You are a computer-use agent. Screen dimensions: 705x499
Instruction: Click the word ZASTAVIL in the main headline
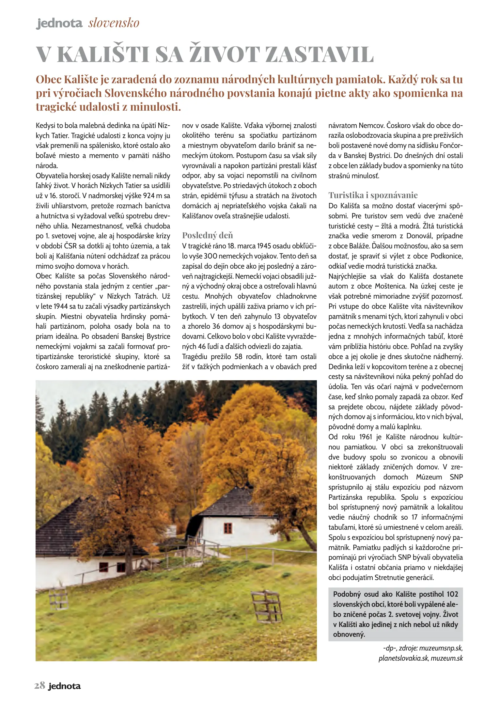pos(320,55)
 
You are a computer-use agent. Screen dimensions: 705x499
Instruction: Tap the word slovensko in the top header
pos(114,23)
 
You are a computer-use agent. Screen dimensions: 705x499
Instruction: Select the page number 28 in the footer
pos(39,685)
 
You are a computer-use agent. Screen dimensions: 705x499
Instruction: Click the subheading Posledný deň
pos(208,235)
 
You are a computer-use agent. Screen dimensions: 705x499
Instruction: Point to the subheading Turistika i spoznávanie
pos(373,195)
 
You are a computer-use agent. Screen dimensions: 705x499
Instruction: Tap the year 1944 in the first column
pos(61,306)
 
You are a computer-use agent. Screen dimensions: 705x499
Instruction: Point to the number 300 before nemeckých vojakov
pos(211,256)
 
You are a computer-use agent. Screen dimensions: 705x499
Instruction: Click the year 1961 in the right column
pos(366,437)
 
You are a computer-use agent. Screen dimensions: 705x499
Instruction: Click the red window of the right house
pos(228,528)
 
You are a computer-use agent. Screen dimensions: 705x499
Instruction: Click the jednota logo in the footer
pos(64,686)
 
